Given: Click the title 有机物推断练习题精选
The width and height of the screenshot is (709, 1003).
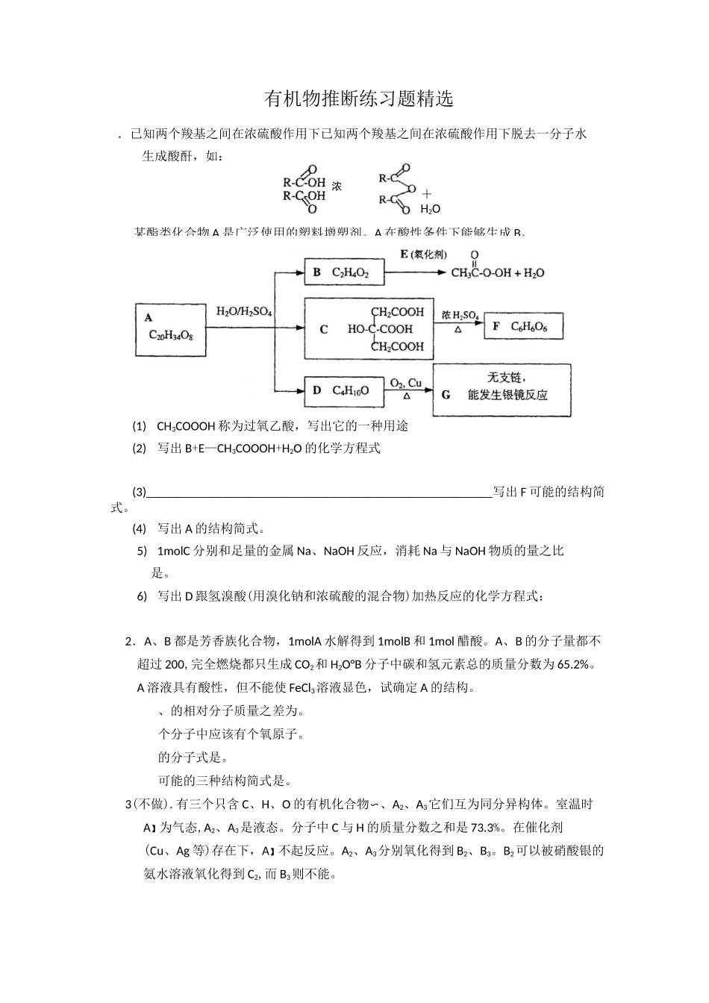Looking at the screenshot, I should tap(359, 99).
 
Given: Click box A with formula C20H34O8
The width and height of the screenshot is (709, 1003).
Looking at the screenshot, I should tap(171, 329).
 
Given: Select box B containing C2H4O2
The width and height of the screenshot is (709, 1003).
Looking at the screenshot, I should tap(344, 272).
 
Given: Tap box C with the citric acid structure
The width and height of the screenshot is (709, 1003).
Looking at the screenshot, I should tap(369, 329).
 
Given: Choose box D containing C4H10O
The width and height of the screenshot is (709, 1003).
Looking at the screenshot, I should tap(344, 390).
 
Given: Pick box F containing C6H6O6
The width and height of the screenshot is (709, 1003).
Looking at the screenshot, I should tap(523, 326).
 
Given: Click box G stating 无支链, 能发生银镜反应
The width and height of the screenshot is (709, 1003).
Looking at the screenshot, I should tap(502, 389).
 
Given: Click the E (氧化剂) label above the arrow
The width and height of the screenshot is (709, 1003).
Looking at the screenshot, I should tap(424, 254).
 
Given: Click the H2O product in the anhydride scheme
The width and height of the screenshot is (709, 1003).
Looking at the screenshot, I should tap(430, 209).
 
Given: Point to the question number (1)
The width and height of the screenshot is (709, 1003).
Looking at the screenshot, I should tap(140, 427).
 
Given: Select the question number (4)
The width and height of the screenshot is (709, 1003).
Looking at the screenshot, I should tap(140, 529).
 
